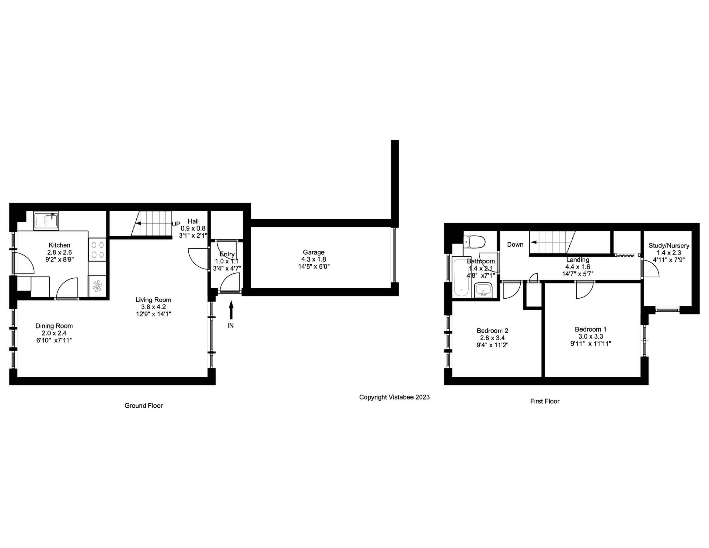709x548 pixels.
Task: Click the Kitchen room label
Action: [59, 245]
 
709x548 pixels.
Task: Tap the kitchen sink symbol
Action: [47, 221]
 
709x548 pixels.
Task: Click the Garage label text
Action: [314, 252]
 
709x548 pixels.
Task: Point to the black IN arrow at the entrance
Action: [231, 310]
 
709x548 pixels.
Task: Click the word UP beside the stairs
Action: [176, 224]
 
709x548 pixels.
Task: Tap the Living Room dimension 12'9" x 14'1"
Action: [153, 314]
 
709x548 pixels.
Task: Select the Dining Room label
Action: [54, 326]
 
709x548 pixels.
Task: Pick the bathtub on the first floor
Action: [461, 277]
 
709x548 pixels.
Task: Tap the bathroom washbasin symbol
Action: [484, 290]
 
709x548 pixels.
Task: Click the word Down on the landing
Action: [515, 244]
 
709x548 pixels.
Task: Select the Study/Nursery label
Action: [669, 246]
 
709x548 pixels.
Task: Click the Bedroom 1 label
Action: [590, 329]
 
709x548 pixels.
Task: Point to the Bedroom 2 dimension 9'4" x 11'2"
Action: [492, 345]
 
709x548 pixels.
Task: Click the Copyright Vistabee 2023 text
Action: [394, 397]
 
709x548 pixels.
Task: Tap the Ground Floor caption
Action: [144, 406]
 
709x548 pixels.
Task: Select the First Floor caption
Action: [545, 401]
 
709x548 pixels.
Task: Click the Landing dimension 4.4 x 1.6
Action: [578, 267]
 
